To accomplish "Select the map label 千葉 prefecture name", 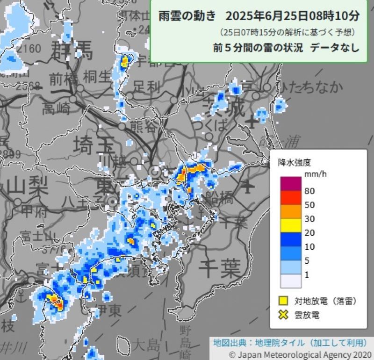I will tap(219, 268).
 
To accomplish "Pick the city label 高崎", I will tap(56, 109).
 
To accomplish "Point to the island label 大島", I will tap(145, 346).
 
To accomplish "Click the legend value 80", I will tap(309, 191).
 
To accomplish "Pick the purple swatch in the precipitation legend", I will tap(290, 184).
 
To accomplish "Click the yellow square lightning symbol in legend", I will tap(282, 301).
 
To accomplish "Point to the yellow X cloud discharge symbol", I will tap(282, 315).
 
